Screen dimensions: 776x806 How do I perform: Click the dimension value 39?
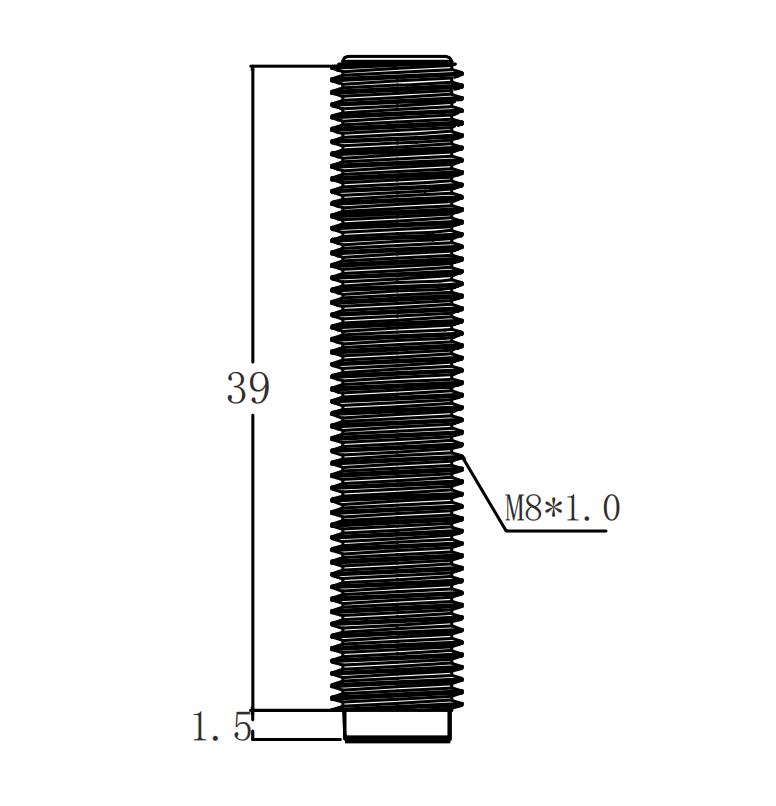(248, 388)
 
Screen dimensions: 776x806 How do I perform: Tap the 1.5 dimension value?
(222, 726)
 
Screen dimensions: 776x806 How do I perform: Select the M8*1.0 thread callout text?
(562, 508)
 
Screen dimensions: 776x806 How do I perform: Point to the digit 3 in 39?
(237, 388)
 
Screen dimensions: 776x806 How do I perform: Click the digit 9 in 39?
(260, 388)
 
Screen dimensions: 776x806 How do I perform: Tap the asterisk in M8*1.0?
(553, 507)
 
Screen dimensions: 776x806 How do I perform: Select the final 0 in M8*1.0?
(611, 508)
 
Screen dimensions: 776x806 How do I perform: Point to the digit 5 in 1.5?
(242, 726)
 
